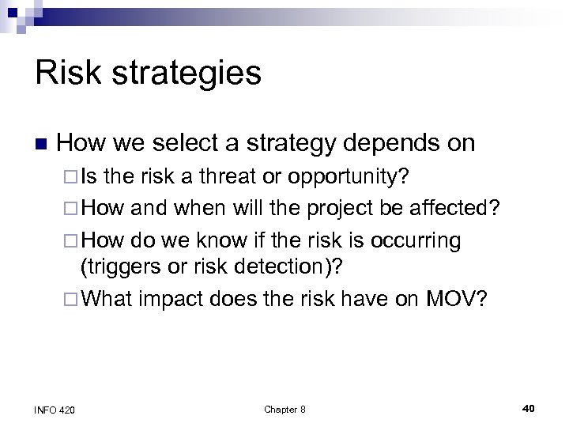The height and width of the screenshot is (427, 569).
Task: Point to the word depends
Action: tap(385, 142)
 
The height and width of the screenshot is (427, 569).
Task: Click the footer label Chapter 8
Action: tap(284, 409)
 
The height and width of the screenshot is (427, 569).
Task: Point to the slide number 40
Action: tap(529, 408)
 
